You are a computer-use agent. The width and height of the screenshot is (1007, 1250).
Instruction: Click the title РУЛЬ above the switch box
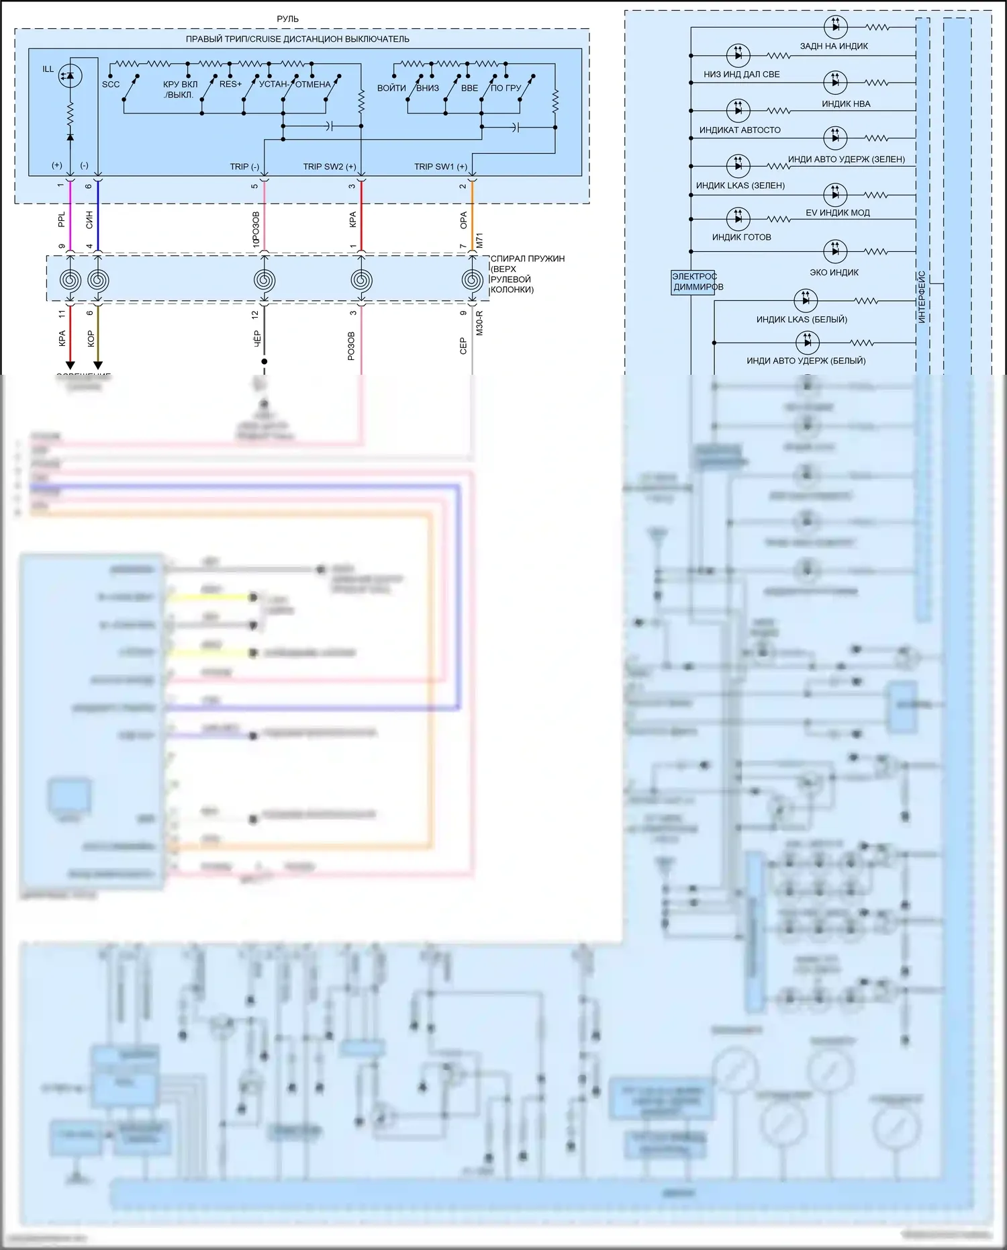tap(287, 19)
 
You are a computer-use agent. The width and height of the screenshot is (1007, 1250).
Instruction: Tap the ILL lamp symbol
tap(70, 75)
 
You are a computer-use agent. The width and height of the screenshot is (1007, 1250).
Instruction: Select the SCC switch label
tap(111, 85)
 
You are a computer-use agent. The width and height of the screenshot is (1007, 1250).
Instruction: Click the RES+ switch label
tap(230, 84)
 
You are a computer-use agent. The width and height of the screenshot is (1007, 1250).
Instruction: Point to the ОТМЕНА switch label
tap(313, 85)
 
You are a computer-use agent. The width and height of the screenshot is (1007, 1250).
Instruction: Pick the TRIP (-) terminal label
tap(244, 167)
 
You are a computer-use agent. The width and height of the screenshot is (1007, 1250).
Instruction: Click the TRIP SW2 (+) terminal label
tap(329, 167)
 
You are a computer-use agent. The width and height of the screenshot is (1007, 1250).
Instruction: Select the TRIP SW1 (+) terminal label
tap(440, 167)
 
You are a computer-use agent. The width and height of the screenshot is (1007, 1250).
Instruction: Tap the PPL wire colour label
tap(62, 220)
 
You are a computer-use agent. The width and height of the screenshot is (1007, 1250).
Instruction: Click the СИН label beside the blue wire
tap(89, 220)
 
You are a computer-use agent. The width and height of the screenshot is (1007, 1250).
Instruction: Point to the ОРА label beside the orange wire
tap(463, 220)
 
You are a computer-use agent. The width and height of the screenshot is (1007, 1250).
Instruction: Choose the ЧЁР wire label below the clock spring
tap(257, 339)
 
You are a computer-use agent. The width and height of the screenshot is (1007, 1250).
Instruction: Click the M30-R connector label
tap(479, 323)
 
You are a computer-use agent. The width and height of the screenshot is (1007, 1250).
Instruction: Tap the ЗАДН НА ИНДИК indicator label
tap(834, 46)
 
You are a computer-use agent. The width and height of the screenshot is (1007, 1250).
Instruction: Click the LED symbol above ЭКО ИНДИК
tap(835, 251)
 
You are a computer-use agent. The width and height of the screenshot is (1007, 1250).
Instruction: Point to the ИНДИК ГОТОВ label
tap(741, 237)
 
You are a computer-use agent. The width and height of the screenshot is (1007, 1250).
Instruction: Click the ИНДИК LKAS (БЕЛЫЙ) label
tap(802, 320)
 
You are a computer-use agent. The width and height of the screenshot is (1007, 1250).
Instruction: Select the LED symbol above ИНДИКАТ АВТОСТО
tap(738, 110)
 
